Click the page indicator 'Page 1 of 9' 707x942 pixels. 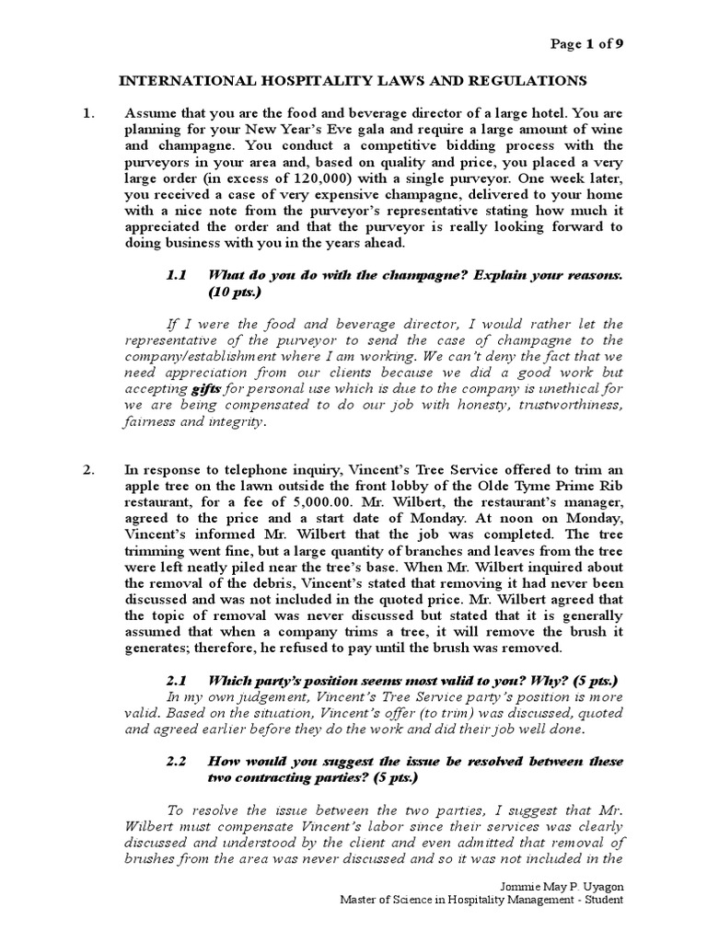click(591, 43)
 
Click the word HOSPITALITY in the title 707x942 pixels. click(287, 80)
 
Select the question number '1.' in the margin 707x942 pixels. click(89, 113)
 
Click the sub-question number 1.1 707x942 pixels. click(177, 275)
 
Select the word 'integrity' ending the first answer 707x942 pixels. click(234, 422)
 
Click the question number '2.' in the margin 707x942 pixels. click(89, 469)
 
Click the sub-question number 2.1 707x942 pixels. click(177, 681)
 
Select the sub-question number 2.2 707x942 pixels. click(177, 761)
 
